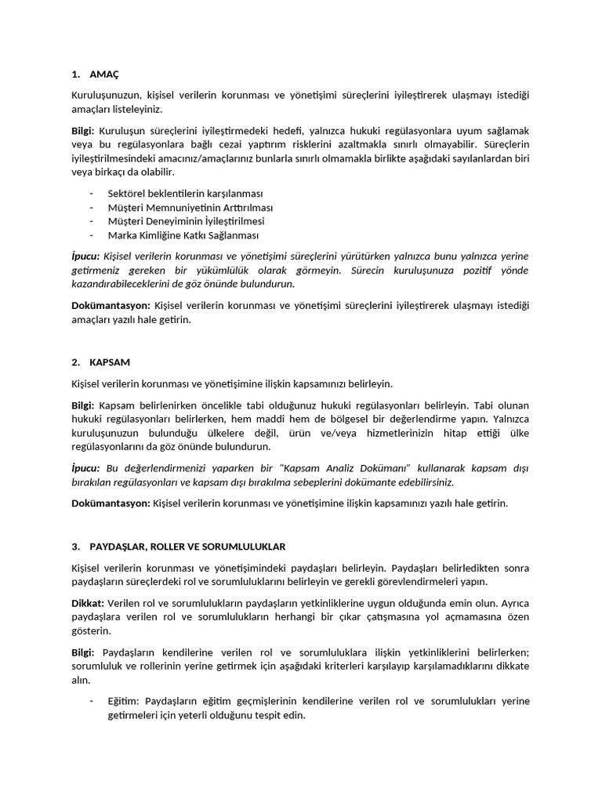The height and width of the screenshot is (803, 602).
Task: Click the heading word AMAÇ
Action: [x=104, y=74]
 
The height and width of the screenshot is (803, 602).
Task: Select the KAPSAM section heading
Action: [x=110, y=363]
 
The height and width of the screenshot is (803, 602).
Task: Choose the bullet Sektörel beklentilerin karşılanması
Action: [x=185, y=194]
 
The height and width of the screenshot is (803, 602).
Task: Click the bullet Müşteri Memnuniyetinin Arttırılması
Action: [x=190, y=208]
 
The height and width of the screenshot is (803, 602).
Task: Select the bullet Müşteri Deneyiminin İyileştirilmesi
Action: [x=186, y=221]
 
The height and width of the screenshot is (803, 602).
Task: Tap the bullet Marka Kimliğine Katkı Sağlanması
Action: [x=183, y=235]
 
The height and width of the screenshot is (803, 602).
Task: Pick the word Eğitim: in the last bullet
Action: [x=124, y=702]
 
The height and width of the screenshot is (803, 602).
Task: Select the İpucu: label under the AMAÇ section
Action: [x=85, y=256]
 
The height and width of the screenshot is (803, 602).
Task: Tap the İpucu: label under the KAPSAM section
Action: [x=85, y=468]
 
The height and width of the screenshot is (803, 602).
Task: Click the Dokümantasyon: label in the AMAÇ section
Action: [x=110, y=305]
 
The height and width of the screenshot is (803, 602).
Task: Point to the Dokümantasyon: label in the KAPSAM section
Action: [x=110, y=503]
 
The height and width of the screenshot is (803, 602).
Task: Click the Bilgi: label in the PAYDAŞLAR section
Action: [x=82, y=652]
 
